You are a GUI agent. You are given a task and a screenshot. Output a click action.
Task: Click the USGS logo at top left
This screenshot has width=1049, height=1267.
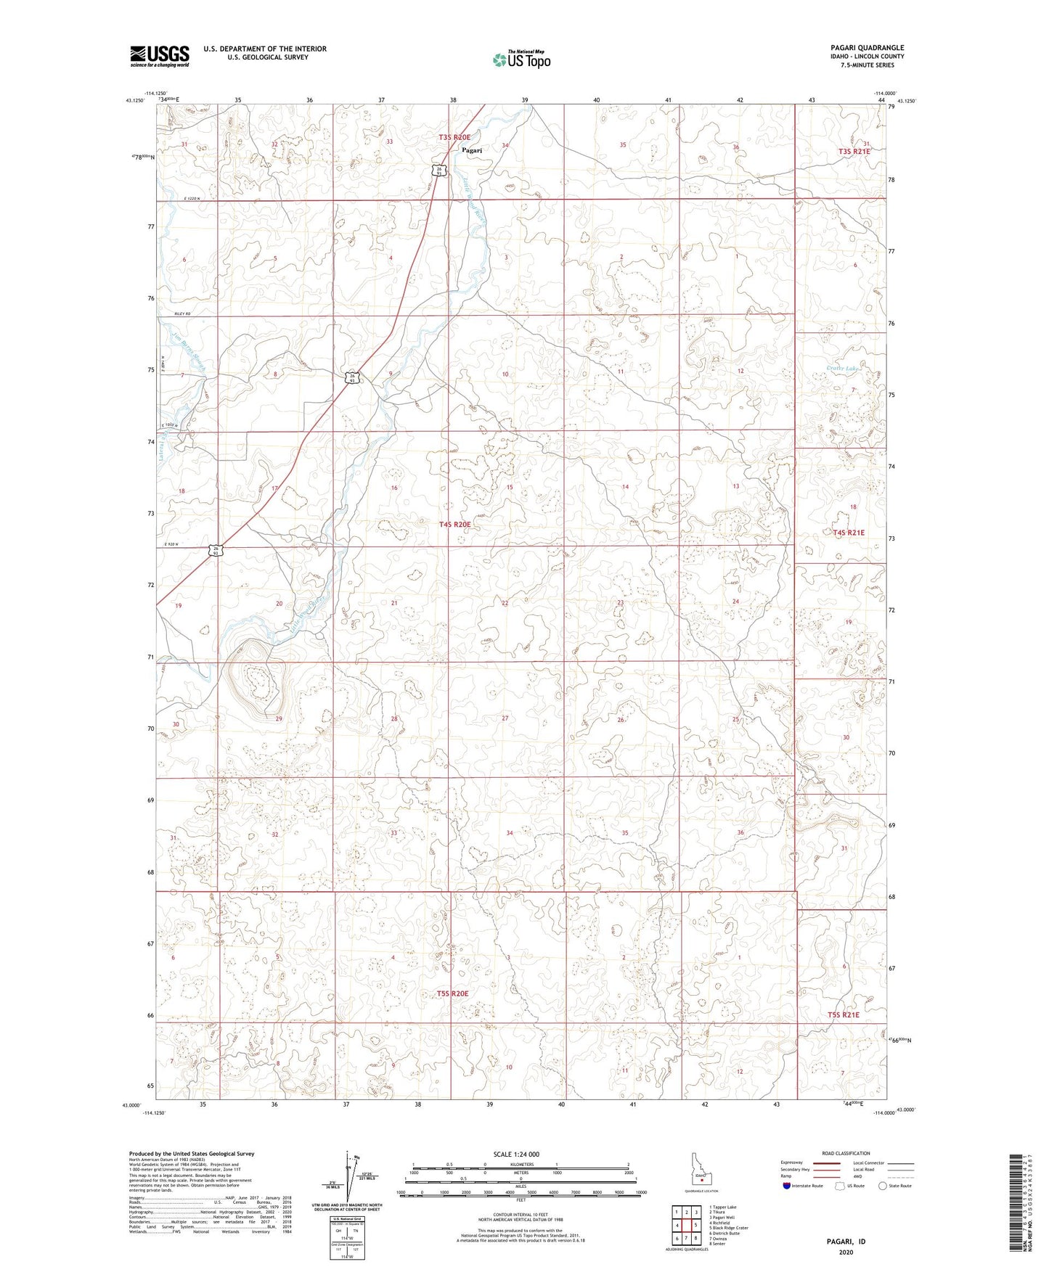[x=160, y=56]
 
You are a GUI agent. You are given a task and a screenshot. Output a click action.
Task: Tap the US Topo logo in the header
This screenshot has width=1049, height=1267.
[x=521, y=60]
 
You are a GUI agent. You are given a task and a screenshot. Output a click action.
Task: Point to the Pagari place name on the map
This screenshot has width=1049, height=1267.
[x=472, y=150]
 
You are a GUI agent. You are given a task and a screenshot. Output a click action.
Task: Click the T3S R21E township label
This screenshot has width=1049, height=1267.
[x=854, y=152]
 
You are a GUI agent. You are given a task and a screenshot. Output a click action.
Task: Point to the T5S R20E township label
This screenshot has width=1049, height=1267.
[x=452, y=993]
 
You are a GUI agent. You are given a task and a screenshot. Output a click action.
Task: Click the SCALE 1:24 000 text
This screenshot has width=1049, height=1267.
[x=516, y=1154]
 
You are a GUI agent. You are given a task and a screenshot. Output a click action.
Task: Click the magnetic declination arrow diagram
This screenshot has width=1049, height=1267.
[x=352, y=1184]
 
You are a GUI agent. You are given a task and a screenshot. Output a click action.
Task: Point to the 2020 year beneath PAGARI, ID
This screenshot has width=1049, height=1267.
[x=846, y=1252]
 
